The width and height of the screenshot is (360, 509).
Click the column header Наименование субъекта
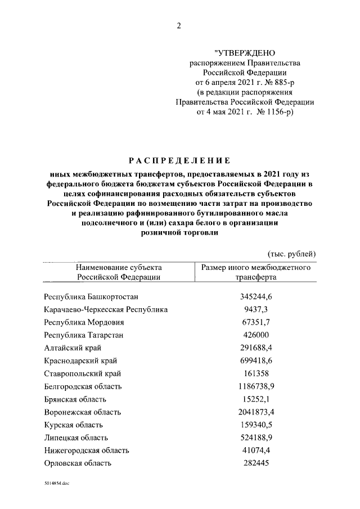(x=119, y=267)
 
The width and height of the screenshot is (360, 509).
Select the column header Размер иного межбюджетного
(x=256, y=267)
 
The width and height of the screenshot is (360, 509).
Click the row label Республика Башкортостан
(x=91, y=296)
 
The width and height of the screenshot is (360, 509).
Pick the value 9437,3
(x=256, y=309)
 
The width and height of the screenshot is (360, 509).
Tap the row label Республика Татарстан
(x=83, y=335)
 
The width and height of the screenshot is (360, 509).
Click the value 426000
(x=256, y=335)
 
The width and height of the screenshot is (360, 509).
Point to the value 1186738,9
(x=256, y=386)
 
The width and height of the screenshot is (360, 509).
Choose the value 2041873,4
(x=256, y=412)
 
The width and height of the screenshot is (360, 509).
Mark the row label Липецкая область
(x=76, y=438)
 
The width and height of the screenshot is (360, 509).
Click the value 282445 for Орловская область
(x=256, y=463)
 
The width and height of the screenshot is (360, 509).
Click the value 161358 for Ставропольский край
(x=256, y=373)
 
